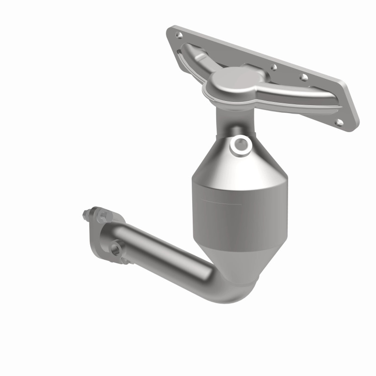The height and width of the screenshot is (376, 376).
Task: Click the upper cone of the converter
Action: pos(221,155)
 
